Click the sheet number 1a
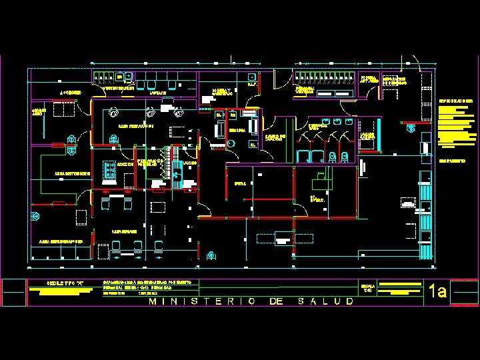(438, 291)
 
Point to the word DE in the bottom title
(277, 301)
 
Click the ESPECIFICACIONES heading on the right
(455, 101)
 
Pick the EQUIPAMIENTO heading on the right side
(453, 161)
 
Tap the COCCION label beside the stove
(125, 163)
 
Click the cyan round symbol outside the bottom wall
(211, 255)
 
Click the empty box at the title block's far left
(13, 292)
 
